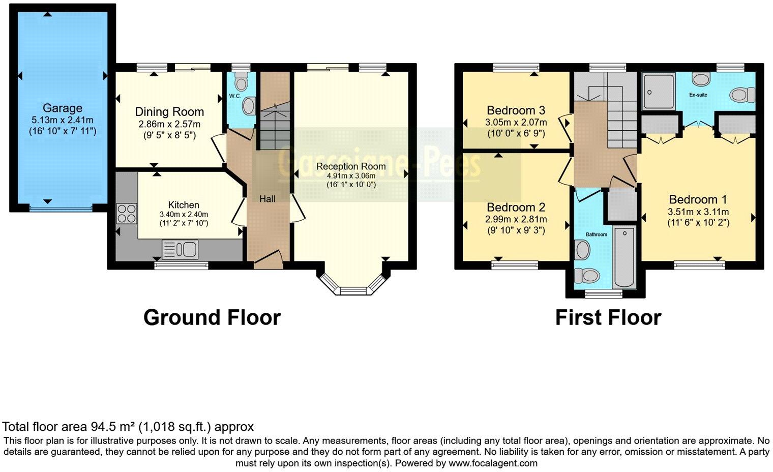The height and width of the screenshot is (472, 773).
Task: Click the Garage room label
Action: tap(62, 108)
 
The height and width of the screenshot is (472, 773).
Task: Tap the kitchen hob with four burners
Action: tap(127, 213)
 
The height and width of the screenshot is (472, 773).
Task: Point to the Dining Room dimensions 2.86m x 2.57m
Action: tap(169, 124)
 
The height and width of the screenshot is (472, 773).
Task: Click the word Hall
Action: tap(267, 199)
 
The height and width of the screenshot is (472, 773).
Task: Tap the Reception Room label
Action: tap(351, 166)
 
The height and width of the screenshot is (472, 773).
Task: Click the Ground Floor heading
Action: tap(212, 317)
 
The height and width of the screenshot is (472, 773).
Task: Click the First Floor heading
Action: tap(608, 317)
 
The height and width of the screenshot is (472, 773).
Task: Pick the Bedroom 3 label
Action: tap(516, 110)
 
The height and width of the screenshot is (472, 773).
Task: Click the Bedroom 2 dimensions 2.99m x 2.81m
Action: tap(516, 219)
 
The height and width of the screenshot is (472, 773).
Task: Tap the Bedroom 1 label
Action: tap(698, 199)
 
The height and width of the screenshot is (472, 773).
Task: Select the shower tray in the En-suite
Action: tap(659, 92)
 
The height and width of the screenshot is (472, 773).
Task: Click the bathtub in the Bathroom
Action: tap(624, 257)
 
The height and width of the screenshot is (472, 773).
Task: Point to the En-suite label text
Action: tap(698, 95)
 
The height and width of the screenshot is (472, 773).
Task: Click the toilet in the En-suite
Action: tap(742, 95)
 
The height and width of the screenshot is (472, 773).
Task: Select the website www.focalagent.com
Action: tap(493, 463)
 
